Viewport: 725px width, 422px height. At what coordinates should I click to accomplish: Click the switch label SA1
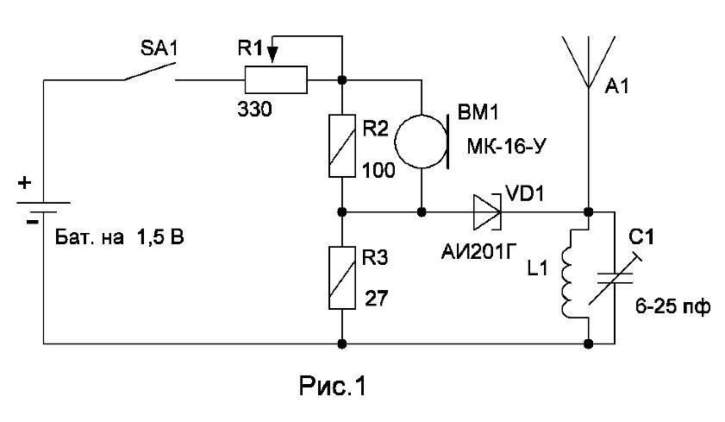tap(159, 48)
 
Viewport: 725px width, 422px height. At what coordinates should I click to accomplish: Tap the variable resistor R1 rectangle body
tap(276, 80)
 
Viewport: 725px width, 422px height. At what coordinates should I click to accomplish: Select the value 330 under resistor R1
tap(255, 110)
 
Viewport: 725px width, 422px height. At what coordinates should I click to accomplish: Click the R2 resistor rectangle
tap(342, 146)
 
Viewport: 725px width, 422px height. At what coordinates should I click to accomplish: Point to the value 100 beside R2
tap(378, 171)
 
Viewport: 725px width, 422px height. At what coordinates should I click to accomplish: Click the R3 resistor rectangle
tap(342, 278)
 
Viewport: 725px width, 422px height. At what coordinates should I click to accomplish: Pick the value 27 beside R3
tap(377, 299)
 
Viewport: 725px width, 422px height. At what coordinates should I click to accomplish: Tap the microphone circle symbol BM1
tap(422, 142)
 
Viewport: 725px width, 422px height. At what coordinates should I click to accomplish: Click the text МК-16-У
tap(507, 147)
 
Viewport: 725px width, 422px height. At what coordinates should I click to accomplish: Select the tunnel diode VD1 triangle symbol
tap(487, 212)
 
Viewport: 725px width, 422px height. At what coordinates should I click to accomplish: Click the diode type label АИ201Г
tap(478, 252)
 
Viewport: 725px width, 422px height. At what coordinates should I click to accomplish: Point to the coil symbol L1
tap(568, 273)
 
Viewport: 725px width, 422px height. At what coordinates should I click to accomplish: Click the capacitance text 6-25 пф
tap(672, 306)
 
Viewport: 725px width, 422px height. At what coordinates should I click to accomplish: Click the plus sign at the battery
tap(24, 183)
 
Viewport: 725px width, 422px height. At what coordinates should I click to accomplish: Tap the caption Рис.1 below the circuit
tap(333, 386)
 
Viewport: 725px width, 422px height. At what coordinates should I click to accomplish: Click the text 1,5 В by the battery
tap(160, 237)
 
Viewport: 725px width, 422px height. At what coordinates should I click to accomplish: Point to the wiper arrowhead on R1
tap(272, 54)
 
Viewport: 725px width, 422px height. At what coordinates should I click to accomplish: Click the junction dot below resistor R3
tap(342, 343)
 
